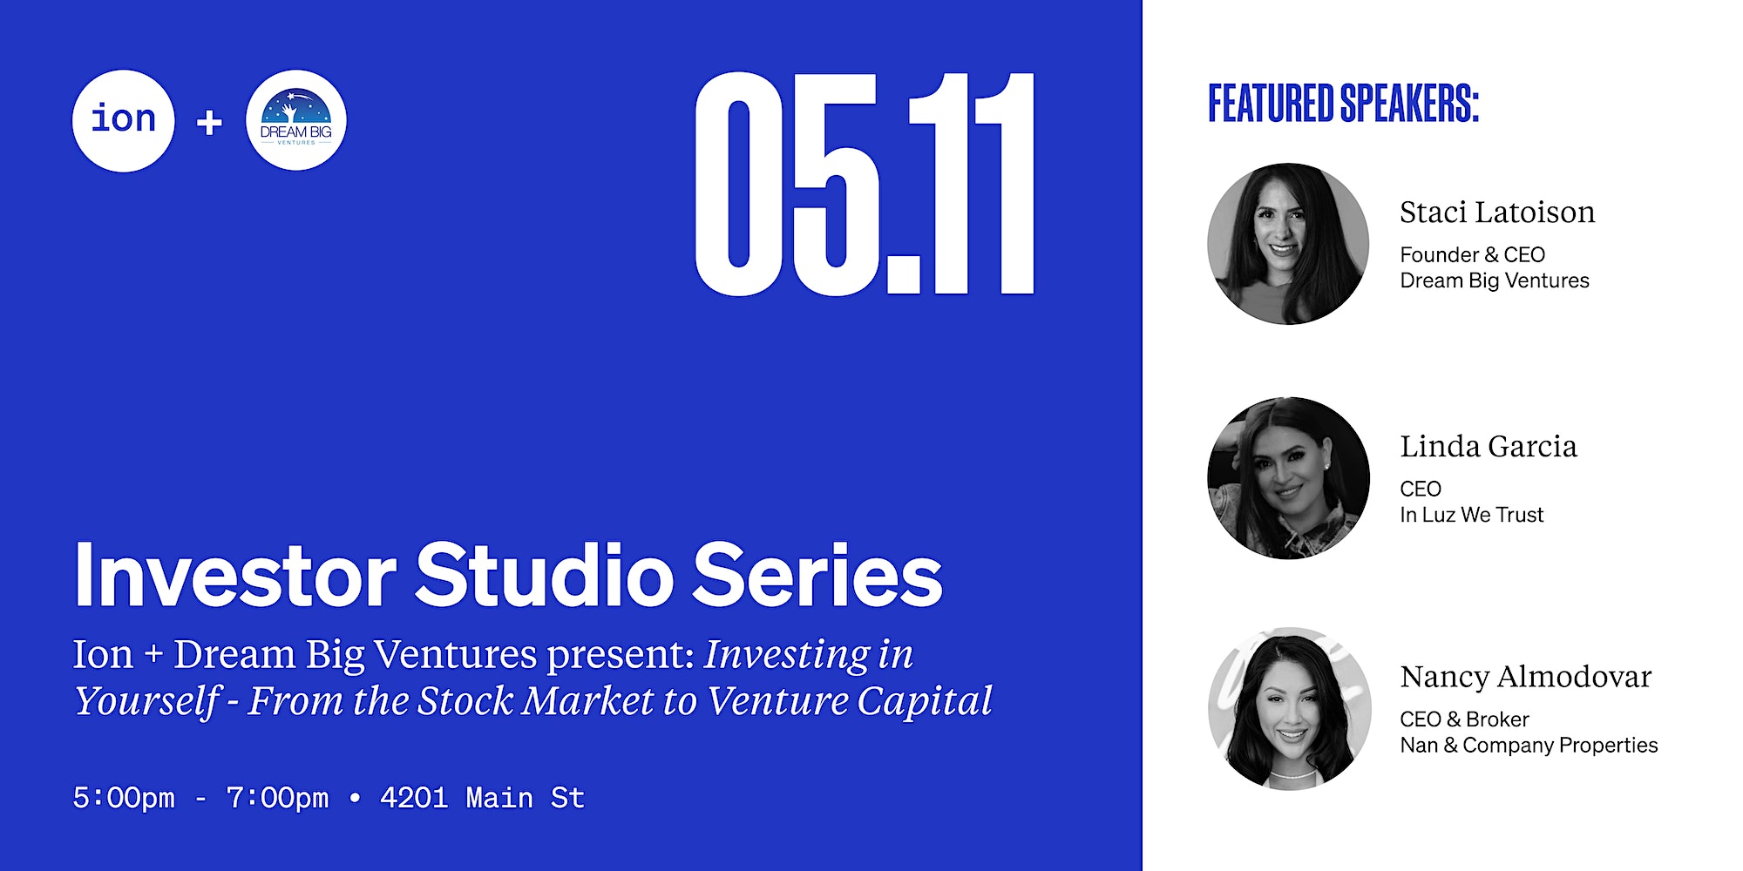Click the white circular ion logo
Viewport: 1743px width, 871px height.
pyautogui.click(x=124, y=121)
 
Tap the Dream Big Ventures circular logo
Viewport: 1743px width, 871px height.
pyautogui.click(x=296, y=120)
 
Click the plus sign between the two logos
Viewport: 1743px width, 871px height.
pyautogui.click(x=209, y=122)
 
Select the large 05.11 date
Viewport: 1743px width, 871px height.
pyautogui.click(x=865, y=184)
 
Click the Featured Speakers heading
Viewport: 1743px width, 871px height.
pyautogui.click(x=1343, y=104)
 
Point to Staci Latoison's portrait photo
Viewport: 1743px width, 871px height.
pyautogui.click(x=1288, y=244)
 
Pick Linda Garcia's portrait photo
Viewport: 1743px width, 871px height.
pyautogui.click(x=1288, y=478)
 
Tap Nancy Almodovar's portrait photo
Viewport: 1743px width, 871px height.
pyautogui.click(x=1290, y=709)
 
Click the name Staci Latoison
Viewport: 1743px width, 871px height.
pyautogui.click(x=1497, y=212)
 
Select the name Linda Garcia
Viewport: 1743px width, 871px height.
pyautogui.click(x=1489, y=446)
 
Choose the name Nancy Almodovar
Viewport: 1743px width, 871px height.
pyautogui.click(x=1526, y=677)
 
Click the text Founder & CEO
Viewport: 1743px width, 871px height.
pyautogui.click(x=1472, y=254)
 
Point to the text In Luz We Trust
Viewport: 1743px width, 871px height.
pyautogui.click(x=1471, y=515)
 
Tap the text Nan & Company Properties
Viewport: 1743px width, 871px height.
pyautogui.click(x=1529, y=746)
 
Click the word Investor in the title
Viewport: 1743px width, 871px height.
pyautogui.click(x=235, y=575)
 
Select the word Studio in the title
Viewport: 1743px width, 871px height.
pyautogui.click(x=545, y=575)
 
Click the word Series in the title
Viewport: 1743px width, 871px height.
pyautogui.click(x=818, y=575)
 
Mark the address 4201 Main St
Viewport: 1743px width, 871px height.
pyautogui.click(x=482, y=798)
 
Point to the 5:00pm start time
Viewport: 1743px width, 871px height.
pyautogui.click(x=124, y=798)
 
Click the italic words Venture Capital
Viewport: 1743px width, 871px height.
pyautogui.click(x=849, y=701)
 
